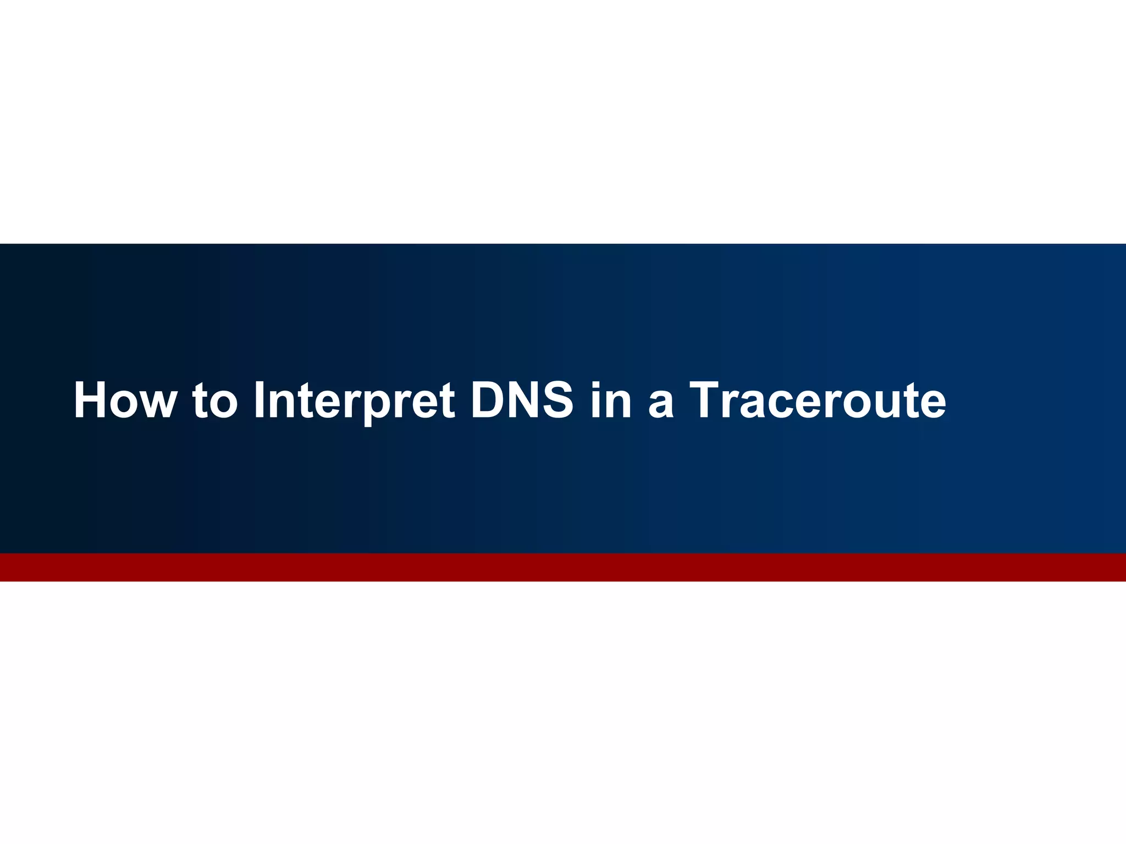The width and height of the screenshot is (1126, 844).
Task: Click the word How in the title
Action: tap(125, 400)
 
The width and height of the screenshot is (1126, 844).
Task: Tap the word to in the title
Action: tap(214, 400)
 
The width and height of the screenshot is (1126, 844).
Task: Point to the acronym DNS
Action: tap(522, 400)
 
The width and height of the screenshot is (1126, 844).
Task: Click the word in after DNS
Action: tap(611, 400)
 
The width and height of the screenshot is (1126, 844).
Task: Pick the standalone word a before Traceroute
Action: tap(661, 404)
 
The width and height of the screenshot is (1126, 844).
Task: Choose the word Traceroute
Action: tap(818, 400)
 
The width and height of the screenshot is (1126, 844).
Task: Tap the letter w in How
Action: tap(157, 404)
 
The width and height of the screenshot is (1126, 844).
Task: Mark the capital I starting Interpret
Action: tap(260, 400)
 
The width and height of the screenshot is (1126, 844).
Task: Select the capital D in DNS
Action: tap(488, 400)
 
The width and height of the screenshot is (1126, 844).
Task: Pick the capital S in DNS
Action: tap(556, 400)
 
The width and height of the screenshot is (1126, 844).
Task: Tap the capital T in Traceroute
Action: tap(708, 400)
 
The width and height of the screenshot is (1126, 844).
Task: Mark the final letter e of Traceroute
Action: tap(931, 404)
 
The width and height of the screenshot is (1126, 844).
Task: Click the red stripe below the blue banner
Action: tap(563, 567)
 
